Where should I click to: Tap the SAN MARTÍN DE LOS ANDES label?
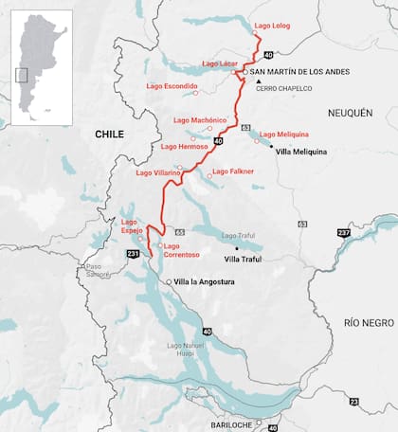tap(292, 72)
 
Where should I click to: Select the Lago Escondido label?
tap(172, 86)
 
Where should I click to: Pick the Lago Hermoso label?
tap(184, 147)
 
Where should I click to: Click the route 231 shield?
tap(132, 254)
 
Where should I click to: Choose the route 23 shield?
tap(354, 403)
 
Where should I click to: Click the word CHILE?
tap(109, 135)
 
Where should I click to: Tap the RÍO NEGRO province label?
tap(369, 323)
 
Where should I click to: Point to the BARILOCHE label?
tap(232, 425)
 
